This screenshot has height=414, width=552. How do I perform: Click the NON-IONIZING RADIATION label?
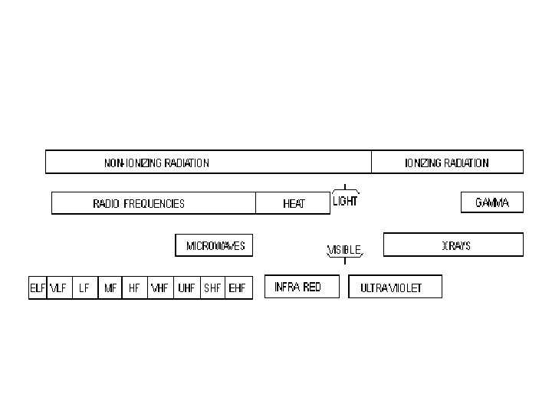(x=156, y=163)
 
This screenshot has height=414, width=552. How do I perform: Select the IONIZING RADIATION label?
(x=446, y=163)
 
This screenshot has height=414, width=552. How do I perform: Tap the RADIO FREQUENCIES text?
(x=139, y=204)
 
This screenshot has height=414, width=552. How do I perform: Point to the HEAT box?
(x=294, y=203)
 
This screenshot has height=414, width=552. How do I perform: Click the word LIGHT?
(x=345, y=202)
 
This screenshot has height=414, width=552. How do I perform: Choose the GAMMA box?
(x=491, y=203)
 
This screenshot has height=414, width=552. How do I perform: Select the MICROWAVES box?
(x=215, y=246)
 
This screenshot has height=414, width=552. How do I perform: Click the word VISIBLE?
(x=344, y=250)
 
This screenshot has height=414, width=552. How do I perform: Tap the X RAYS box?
(x=453, y=245)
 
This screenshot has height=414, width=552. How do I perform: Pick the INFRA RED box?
(x=297, y=287)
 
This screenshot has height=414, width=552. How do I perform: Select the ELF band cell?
(x=38, y=288)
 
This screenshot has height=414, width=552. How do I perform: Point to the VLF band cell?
(x=58, y=288)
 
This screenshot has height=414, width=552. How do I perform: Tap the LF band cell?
(x=84, y=288)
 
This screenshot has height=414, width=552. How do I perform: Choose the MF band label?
(x=110, y=288)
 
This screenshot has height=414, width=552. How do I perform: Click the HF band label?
(x=134, y=288)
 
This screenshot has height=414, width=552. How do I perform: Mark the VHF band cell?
(x=159, y=288)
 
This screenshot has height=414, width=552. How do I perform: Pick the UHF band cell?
(x=186, y=288)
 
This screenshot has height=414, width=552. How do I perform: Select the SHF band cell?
(x=212, y=288)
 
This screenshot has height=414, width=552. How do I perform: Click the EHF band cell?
(x=238, y=288)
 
